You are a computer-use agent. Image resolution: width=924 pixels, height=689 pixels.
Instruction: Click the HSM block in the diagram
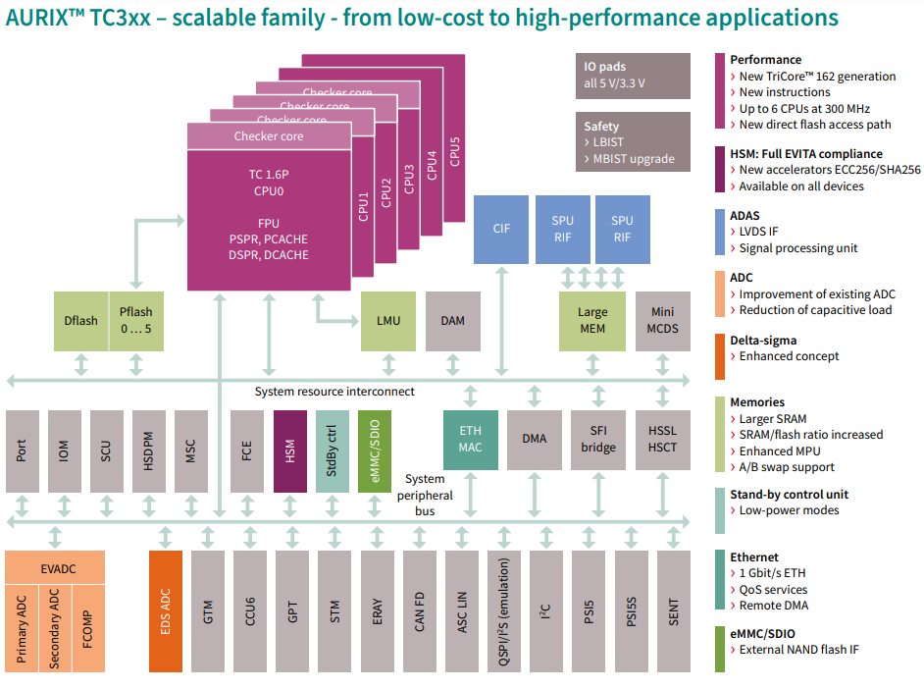(x=289, y=450)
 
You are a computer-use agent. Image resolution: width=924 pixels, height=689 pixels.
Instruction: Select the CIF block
(x=500, y=229)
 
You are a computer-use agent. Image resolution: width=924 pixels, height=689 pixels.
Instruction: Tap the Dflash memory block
(x=80, y=321)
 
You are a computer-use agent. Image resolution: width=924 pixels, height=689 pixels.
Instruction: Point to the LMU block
(x=388, y=321)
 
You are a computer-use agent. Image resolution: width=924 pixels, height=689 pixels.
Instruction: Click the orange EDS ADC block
(x=166, y=610)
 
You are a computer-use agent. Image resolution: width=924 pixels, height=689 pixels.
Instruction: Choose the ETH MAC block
(x=471, y=440)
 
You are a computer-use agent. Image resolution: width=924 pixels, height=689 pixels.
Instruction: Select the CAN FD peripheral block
(x=420, y=610)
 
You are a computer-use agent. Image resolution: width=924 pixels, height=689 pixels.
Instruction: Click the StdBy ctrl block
(x=332, y=450)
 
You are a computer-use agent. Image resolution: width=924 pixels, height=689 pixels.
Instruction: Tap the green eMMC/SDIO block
(x=374, y=450)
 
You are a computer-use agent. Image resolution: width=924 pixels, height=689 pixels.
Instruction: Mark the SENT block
(x=674, y=610)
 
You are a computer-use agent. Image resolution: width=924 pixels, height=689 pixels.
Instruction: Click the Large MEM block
(x=591, y=321)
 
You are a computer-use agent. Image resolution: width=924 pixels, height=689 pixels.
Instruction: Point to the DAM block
(x=452, y=321)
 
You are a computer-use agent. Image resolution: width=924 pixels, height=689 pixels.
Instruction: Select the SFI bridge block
(x=598, y=440)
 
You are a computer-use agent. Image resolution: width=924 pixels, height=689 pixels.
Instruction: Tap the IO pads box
(x=633, y=76)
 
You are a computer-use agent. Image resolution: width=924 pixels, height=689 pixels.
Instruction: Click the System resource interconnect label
(x=334, y=392)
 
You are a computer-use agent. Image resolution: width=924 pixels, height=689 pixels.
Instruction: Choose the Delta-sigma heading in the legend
(x=763, y=341)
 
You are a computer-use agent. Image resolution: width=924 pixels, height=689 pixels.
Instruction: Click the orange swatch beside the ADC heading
(x=720, y=294)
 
